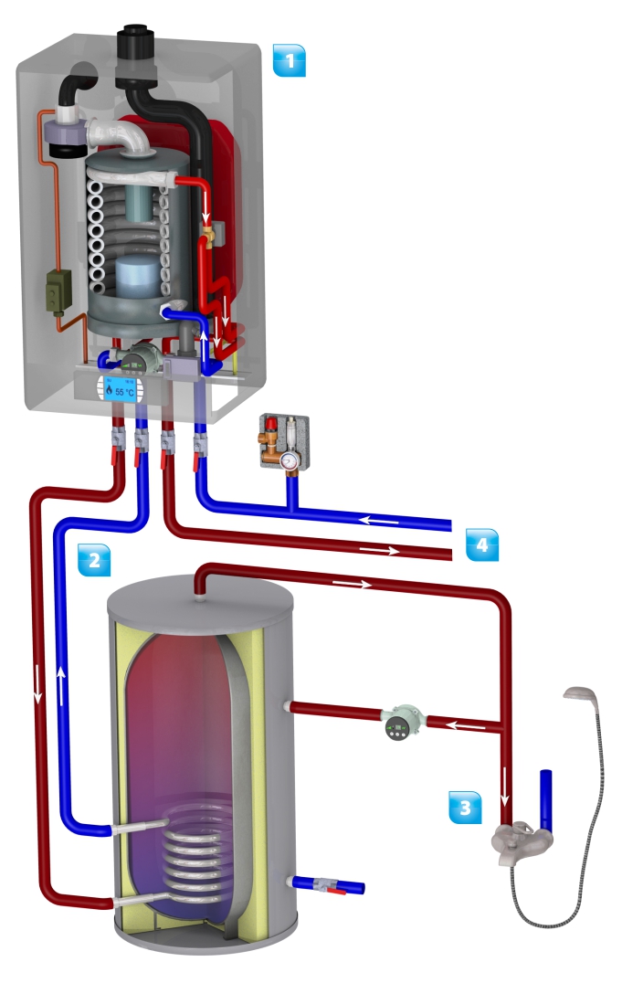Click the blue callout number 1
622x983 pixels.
290,62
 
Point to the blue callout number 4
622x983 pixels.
482,545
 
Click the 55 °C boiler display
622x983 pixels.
118,389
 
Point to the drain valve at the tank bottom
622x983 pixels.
326,884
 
